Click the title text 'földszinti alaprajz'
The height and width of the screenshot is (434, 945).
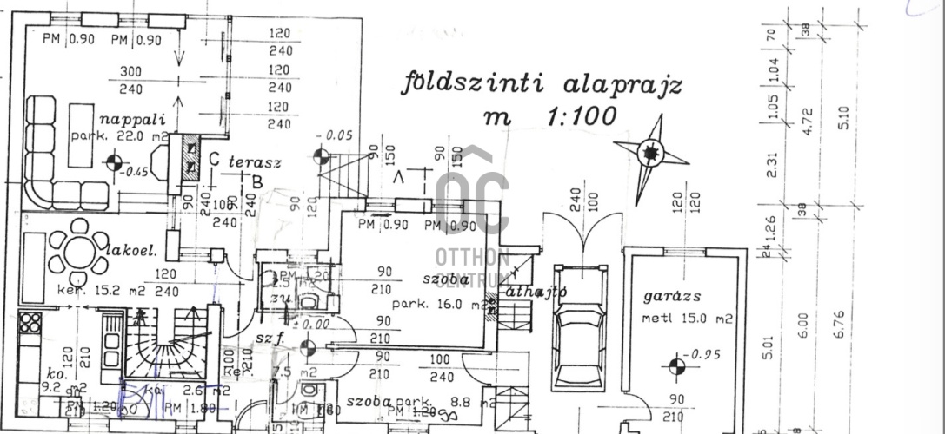pyautogui.click(x=541, y=84)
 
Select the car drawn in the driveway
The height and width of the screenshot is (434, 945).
pyautogui.click(x=578, y=345)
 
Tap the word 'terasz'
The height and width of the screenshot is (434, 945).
pyautogui.click(x=255, y=162)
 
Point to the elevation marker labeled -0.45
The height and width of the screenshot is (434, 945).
pyautogui.click(x=113, y=161)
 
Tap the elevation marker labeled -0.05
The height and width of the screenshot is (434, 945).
pyautogui.click(x=321, y=156)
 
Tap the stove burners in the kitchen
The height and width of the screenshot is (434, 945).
pyautogui.click(x=30, y=323)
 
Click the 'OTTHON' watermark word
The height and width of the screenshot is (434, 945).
pyautogui.click(x=472, y=258)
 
